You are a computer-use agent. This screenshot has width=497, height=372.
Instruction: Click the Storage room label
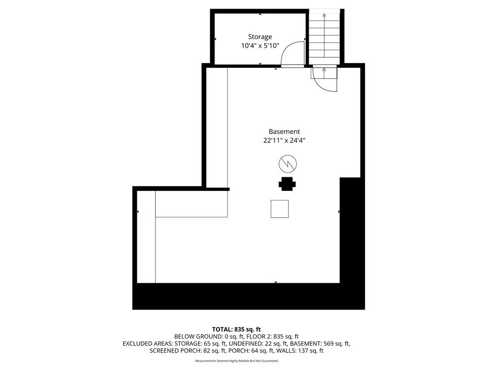point(260,37)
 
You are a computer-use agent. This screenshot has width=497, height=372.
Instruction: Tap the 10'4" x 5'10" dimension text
point(260,46)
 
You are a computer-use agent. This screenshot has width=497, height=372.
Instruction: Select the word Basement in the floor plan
point(284,132)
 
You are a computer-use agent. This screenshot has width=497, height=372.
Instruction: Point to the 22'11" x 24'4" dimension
point(284,140)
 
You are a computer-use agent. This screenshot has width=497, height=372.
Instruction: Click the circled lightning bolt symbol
point(287,164)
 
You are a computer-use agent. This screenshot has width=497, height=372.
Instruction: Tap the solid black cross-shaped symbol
point(287,184)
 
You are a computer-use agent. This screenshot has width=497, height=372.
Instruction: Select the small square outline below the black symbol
point(280,209)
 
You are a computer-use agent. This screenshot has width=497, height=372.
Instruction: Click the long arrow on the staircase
point(324,35)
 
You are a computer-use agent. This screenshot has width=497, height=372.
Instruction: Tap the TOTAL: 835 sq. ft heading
point(236,329)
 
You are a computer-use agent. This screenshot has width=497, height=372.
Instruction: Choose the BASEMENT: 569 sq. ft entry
point(320,343)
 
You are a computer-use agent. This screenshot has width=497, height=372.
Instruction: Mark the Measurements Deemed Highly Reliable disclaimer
point(237,361)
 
